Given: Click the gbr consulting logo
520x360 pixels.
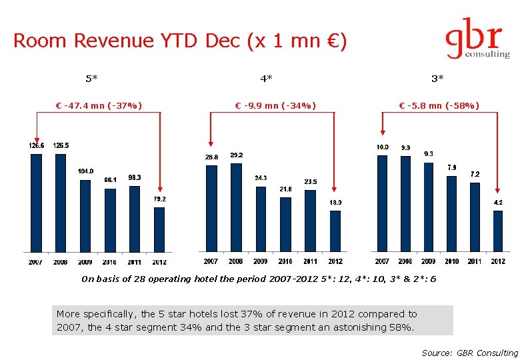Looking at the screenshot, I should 476,42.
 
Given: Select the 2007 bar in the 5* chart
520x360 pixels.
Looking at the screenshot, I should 36,203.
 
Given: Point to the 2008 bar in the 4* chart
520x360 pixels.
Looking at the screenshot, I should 236,207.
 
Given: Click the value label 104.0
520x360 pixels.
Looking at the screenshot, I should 85,171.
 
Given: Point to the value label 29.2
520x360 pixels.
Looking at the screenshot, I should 236,155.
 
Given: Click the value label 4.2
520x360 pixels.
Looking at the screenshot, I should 498,202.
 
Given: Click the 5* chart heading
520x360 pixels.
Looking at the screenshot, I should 92,79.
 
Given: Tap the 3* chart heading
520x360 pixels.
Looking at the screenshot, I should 437,79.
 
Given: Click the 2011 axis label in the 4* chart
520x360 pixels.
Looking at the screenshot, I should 310,261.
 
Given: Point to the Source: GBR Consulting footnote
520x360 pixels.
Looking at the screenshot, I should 469,353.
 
